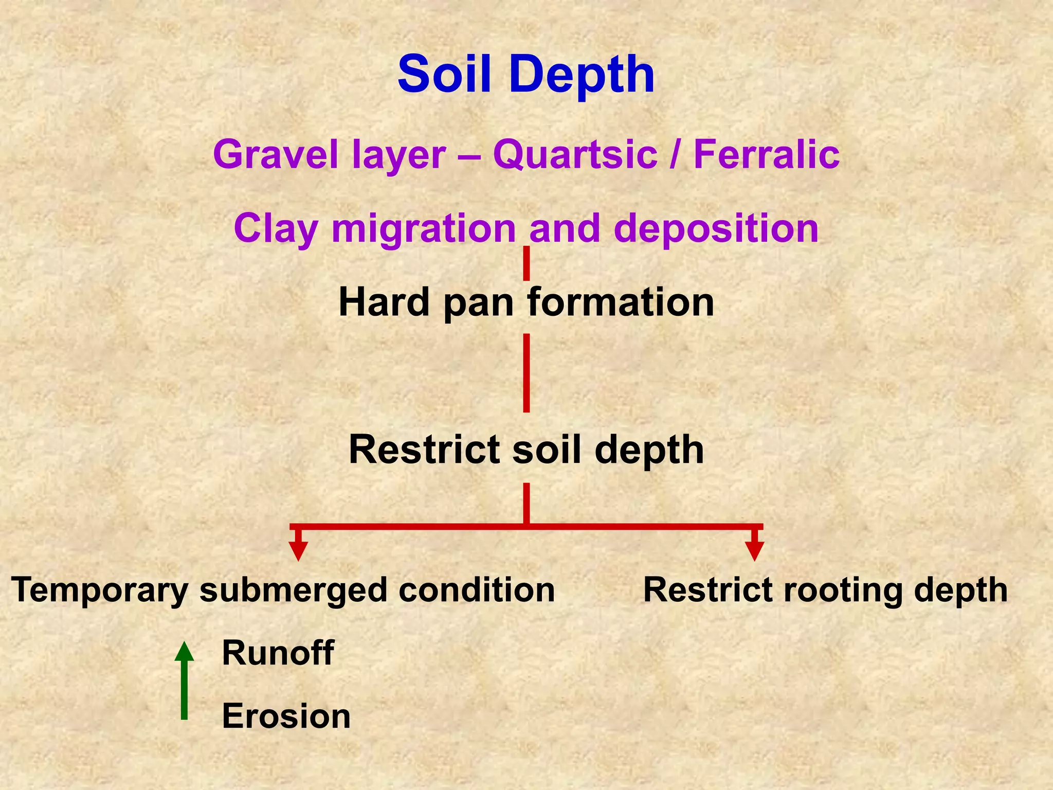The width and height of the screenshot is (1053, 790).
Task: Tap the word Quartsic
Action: pyautogui.click(x=575, y=154)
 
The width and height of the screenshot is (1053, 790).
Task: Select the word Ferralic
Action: pyautogui.click(x=767, y=154)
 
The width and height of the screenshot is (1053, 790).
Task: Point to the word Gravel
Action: pyautogui.click(x=277, y=154)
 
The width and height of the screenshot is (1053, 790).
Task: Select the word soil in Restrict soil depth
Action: pyautogui.click(x=548, y=450)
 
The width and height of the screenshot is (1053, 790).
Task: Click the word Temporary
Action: pyautogui.click(x=100, y=591)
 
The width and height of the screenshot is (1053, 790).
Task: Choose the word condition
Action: pyautogui.click(x=476, y=590)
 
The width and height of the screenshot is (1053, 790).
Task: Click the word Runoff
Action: pyautogui.click(x=278, y=653)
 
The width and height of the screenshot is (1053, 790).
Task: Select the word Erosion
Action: pyautogui.click(x=286, y=716)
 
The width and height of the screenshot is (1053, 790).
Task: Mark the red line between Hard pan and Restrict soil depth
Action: pyautogui.click(x=526, y=373)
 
